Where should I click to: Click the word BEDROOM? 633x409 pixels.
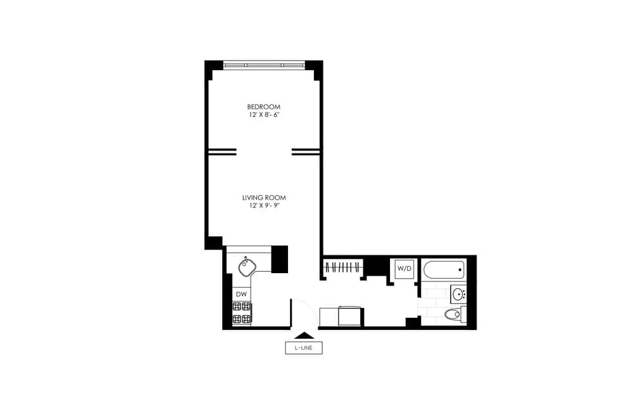coord(263,107)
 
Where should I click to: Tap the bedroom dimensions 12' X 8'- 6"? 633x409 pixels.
coord(263,116)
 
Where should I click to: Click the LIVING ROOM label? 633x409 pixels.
coord(263,197)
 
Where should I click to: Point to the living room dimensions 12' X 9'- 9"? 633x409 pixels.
coord(263,206)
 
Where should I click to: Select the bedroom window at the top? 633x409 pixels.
coord(264,64)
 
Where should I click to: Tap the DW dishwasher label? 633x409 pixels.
coord(241,295)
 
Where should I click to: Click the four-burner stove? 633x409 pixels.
coord(242,312)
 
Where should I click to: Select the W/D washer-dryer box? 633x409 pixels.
coord(404,269)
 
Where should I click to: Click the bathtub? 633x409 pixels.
coord(443,270)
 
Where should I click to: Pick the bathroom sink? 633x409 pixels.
coord(459,293)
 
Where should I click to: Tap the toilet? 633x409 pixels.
coord(454,314)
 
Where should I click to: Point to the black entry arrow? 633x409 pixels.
coord(304,336)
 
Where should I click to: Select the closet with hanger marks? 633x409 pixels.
coord(342,267)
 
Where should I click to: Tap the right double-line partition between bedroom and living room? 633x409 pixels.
coord(305,152)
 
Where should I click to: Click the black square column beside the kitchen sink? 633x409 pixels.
coord(279,259)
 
